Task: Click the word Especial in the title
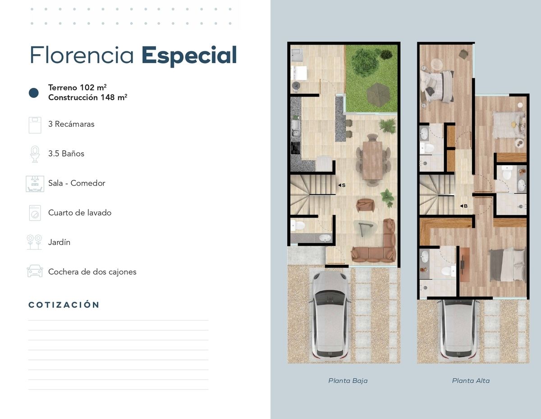point(189,56)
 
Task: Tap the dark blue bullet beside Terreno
point(34,93)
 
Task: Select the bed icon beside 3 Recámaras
point(35,125)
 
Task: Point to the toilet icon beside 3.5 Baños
point(35,154)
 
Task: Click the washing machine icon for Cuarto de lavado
point(35,213)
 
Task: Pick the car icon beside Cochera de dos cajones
point(35,271)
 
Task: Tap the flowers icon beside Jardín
point(34,242)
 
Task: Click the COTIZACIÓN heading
point(64,304)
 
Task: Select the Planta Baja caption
point(348,381)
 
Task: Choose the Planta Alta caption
point(471,381)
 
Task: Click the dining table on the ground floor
point(372,160)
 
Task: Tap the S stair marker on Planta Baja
point(342,185)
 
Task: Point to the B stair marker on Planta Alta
point(463,206)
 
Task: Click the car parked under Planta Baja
point(330,315)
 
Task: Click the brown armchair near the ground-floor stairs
point(365,205)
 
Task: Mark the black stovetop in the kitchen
point(295,148)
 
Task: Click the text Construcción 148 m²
point(87,97)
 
